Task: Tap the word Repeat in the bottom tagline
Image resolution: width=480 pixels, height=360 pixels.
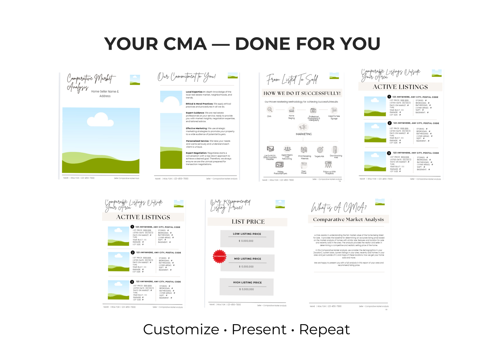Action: click(x=324, y=329)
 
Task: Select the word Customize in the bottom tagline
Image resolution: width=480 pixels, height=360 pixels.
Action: click(x=181, y=329)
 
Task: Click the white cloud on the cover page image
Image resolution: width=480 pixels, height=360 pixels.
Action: click(x=100, y=120)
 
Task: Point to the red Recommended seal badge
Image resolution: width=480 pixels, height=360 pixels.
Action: click(x=219, y=256)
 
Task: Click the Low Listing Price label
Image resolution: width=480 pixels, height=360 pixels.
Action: click(x=247, y=234)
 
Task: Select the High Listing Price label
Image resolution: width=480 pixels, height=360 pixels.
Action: click(x=247, y=282)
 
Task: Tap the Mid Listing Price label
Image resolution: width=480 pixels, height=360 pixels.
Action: click(x=247, y=259)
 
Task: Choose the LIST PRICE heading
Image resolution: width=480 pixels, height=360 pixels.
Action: click(x=248, y=222)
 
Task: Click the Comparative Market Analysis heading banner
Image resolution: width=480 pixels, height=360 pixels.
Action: click(x=348, y=220)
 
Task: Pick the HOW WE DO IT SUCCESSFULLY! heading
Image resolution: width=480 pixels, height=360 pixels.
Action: click(x=302, y=93)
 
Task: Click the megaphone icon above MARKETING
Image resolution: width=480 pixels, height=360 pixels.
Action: click(x=303, y=127)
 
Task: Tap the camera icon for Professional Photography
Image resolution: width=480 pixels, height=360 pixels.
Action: click(x=313, y=111)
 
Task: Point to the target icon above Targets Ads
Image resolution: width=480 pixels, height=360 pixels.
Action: click(x=320, y=150)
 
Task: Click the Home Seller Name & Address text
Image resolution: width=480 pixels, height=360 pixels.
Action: click(x=105, y=94)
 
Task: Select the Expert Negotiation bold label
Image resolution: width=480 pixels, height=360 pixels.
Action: click(x=196, y=153)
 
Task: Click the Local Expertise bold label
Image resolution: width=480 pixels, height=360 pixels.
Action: click(x=194, y=92)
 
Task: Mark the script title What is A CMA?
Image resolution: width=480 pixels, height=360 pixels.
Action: click(x=338, y=208)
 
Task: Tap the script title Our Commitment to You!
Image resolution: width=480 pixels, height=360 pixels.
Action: click(x=186, y=77)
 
